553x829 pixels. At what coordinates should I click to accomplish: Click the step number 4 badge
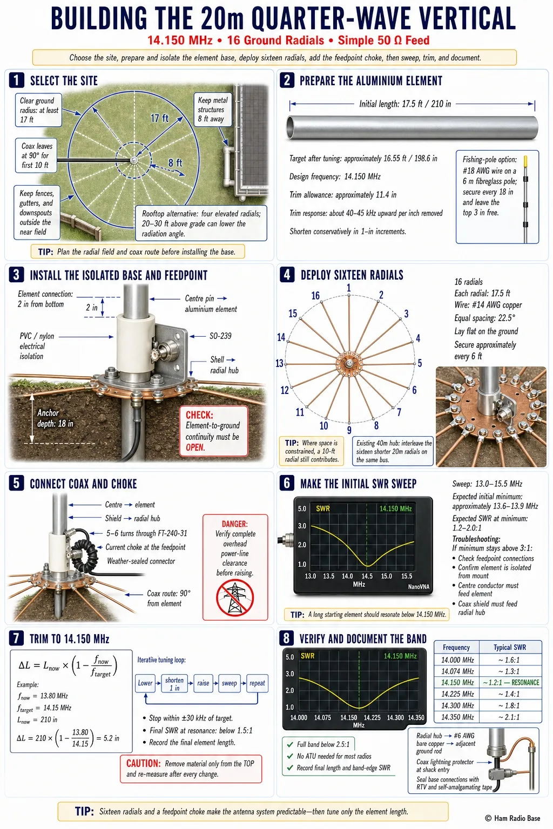(x=287, y=275)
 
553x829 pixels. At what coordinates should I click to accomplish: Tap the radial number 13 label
(x=279, y=363)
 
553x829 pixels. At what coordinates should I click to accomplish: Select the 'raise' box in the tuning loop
(x=203, y=683)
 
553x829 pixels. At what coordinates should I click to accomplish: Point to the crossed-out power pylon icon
(x=235, y=597)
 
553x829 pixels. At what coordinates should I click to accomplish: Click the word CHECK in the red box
(x=199, y=414)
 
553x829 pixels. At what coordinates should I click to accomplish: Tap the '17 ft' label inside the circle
(x=159, y=118)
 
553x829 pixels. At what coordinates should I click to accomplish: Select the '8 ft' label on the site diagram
(x=175, y=163)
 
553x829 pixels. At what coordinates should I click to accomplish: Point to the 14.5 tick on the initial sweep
(x=367, y=576)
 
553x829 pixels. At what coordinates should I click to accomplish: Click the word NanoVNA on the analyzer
(x=419, y=587)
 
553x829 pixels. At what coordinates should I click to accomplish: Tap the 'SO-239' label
(x=220, y=336)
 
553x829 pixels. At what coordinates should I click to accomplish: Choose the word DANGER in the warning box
(x=235, y=524)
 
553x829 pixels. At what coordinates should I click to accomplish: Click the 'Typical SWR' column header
(x=510, y=647)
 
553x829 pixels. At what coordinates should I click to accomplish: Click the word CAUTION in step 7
(x=143, y=763)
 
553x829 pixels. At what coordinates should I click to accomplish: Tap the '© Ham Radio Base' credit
(x=512, y=818)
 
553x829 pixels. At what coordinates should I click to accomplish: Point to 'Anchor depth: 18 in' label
(x=55, y=418)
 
